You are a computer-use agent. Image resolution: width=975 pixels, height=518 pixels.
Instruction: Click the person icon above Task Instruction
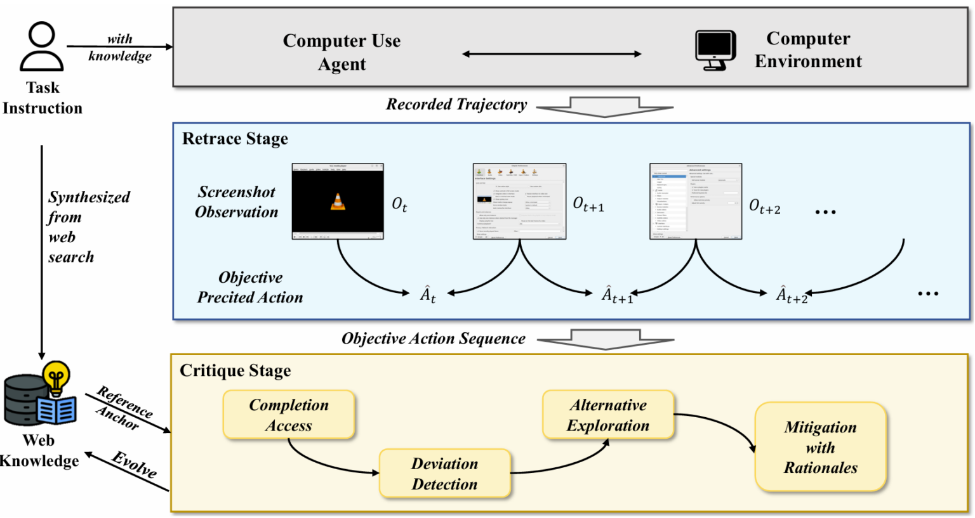[x=41, y=47]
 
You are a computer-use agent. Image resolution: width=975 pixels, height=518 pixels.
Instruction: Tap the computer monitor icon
[x=715, y=49]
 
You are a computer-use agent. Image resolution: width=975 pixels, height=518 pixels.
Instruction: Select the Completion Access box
[x=289, y=415]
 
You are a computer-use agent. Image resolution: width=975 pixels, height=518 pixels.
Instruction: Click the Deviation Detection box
[x=444, y=474]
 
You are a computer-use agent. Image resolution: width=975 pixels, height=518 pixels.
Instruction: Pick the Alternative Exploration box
[x=608, y=415]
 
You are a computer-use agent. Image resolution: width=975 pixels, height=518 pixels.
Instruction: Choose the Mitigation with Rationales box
[x=820, y=447]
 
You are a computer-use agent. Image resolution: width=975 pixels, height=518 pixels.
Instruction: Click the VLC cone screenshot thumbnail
[x=338, y=202]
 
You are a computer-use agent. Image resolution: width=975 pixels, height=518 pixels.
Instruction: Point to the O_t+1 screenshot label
[x=588, y=204]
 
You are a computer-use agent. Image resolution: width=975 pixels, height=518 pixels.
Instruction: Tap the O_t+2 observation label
[x=765, y=206]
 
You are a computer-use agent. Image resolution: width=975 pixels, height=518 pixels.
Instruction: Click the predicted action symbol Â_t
[x=428, y=294]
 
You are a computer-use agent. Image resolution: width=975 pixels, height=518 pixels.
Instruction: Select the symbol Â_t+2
[x=792, y=295]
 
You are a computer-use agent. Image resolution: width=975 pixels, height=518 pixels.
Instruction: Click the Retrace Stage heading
[x=235, y=139]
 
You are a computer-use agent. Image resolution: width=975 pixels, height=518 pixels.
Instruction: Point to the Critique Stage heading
[x=235, y=371]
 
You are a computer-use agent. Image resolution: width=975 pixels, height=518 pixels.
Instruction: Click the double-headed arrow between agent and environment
[x=552, y=55]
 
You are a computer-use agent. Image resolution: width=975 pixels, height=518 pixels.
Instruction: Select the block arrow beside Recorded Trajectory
[x=604, y=107]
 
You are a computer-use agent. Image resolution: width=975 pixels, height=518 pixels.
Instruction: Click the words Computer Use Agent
[x=342, y=52]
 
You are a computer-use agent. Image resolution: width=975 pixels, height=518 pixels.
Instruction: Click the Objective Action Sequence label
[x=434, y=339]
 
